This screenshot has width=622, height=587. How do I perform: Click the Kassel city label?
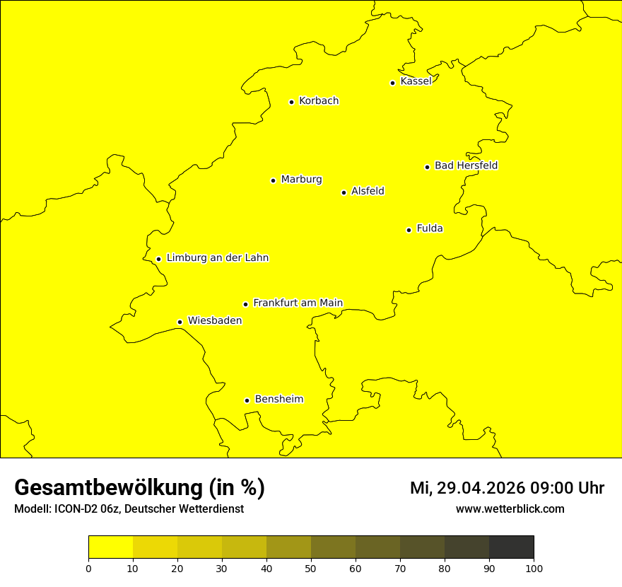[416, 81]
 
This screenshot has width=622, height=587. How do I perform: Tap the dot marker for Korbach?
[291, 102]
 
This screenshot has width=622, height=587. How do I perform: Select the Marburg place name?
[301, 180]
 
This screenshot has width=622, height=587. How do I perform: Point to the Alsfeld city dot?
[344, 192]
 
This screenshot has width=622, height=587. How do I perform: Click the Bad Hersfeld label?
[466, 165]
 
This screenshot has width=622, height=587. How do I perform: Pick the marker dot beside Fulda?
[409, 230]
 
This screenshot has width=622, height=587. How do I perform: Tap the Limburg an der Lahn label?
[217, 258]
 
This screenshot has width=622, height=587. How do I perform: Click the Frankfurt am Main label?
[298, 303]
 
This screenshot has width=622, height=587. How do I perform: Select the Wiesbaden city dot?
[180, 322]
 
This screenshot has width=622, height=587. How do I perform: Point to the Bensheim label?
[278, 400]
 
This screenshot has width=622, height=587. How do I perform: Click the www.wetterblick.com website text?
[510, 509]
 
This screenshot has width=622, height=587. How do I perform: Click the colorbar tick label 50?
[311, 569]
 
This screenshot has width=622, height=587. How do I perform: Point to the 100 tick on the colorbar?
[534, 569]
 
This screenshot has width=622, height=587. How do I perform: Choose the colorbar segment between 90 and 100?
[511, 547]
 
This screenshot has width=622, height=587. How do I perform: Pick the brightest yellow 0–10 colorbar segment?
[110, 547]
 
